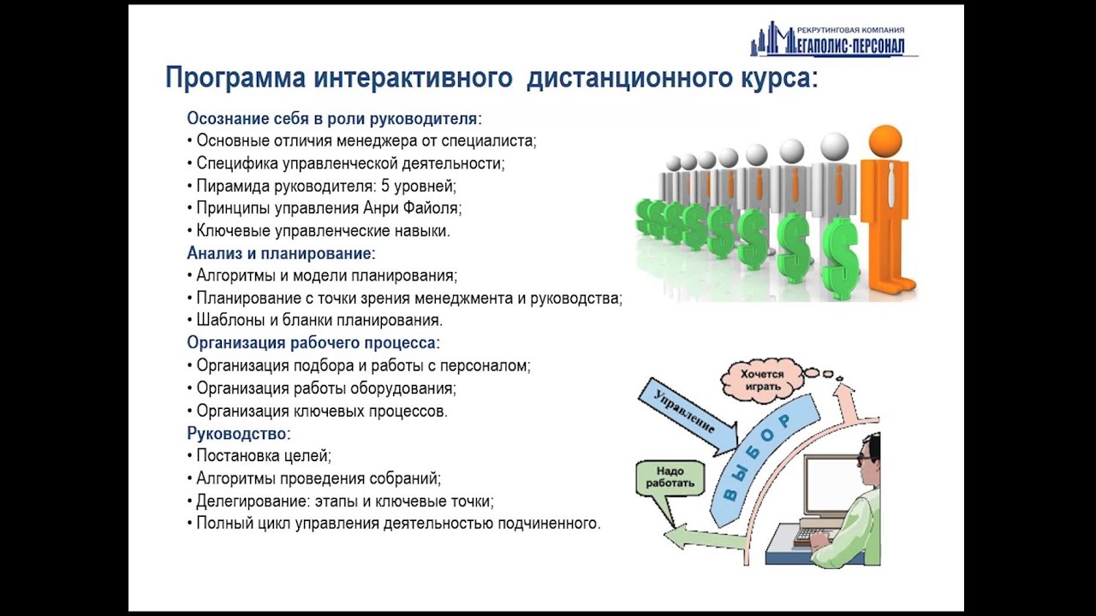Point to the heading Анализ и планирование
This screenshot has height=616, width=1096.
point(281,253)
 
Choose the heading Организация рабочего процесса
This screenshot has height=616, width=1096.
point(313,343)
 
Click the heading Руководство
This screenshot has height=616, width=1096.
point(238,433)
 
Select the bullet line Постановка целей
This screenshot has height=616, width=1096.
point(263,455)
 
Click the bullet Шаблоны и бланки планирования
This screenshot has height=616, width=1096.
point(319,321)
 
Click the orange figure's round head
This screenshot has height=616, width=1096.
point(885,140)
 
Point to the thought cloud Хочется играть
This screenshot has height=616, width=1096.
point(762,379)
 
